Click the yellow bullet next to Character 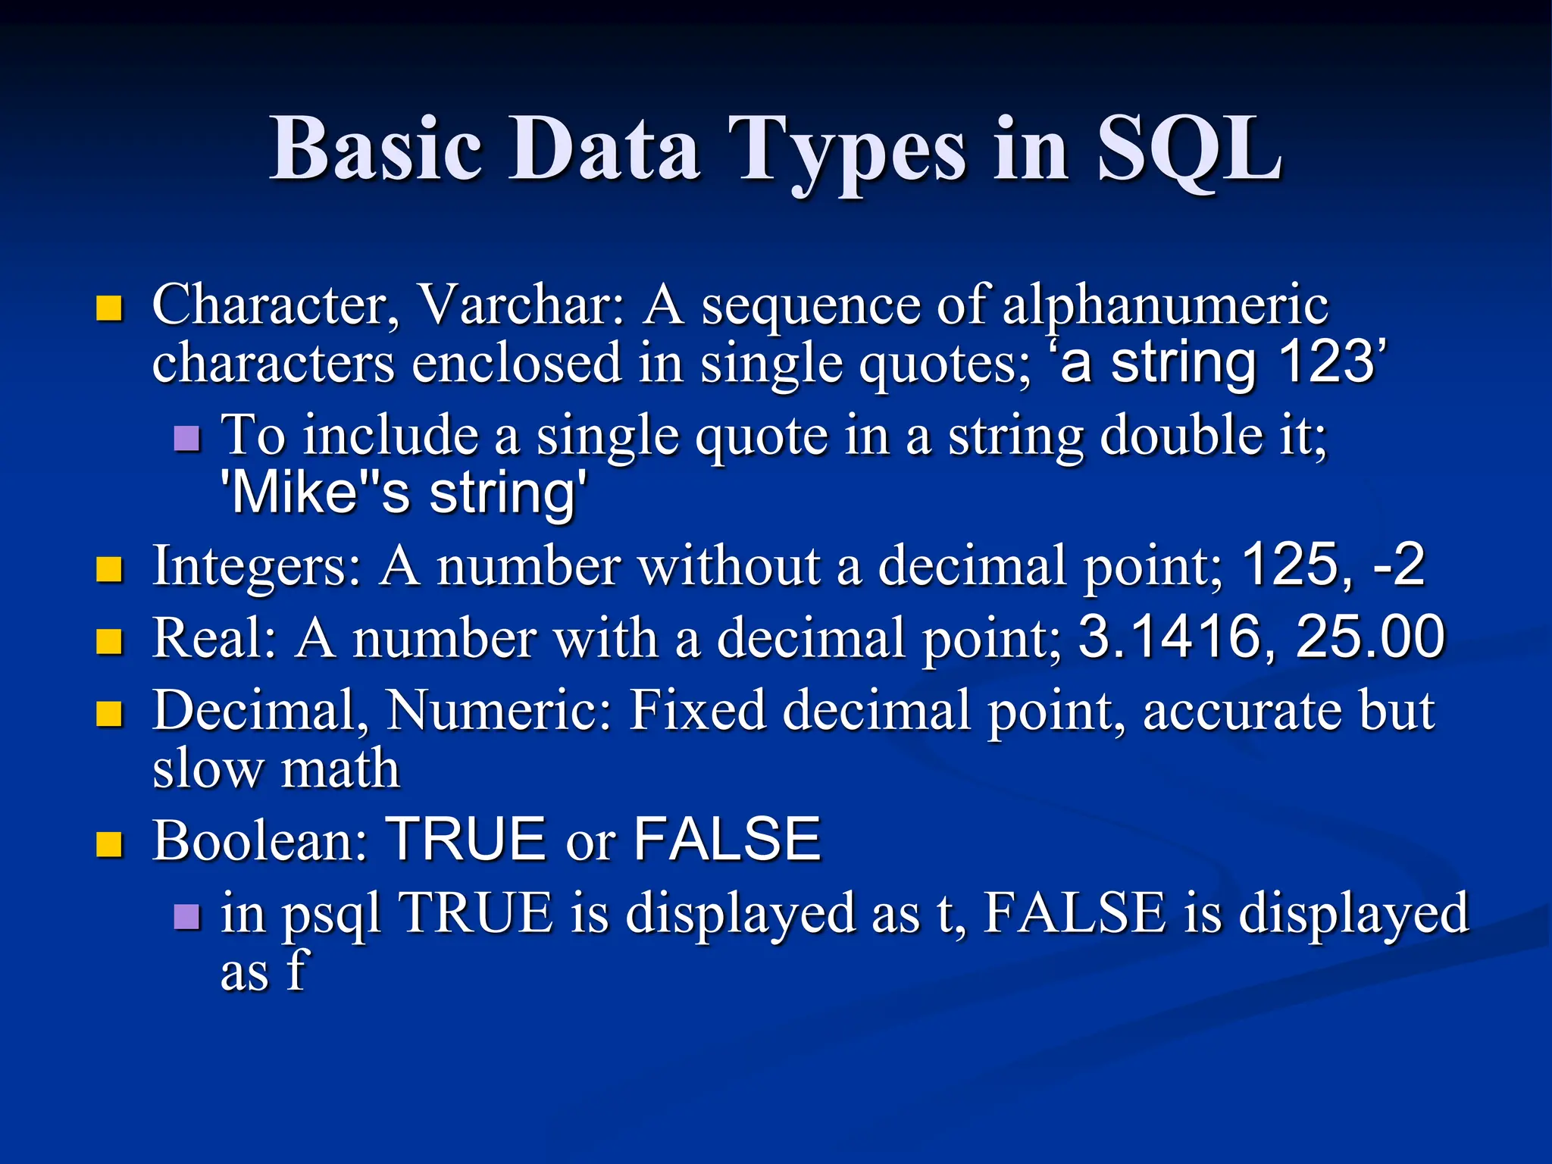pyautogui.click(x=110, y=308)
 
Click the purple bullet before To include pyautogui.click(x=187, y=438)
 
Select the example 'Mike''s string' pyautogui.click(x=403, y=493)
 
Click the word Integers pyautogui.click(x=257, y=565)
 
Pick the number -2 pyautogui.click(x=1399, y=565)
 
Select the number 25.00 pyautogui.click(x=1370, y=637)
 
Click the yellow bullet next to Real pyautogui.click(x=110, y=642)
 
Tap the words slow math pyautogui.click(x=276, y=768)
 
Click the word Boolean pyautogui.click(x=260, y=840)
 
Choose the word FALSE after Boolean pyautogui.click(x=727, y=840)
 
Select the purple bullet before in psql pyautogui.click(x=187, y=917)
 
